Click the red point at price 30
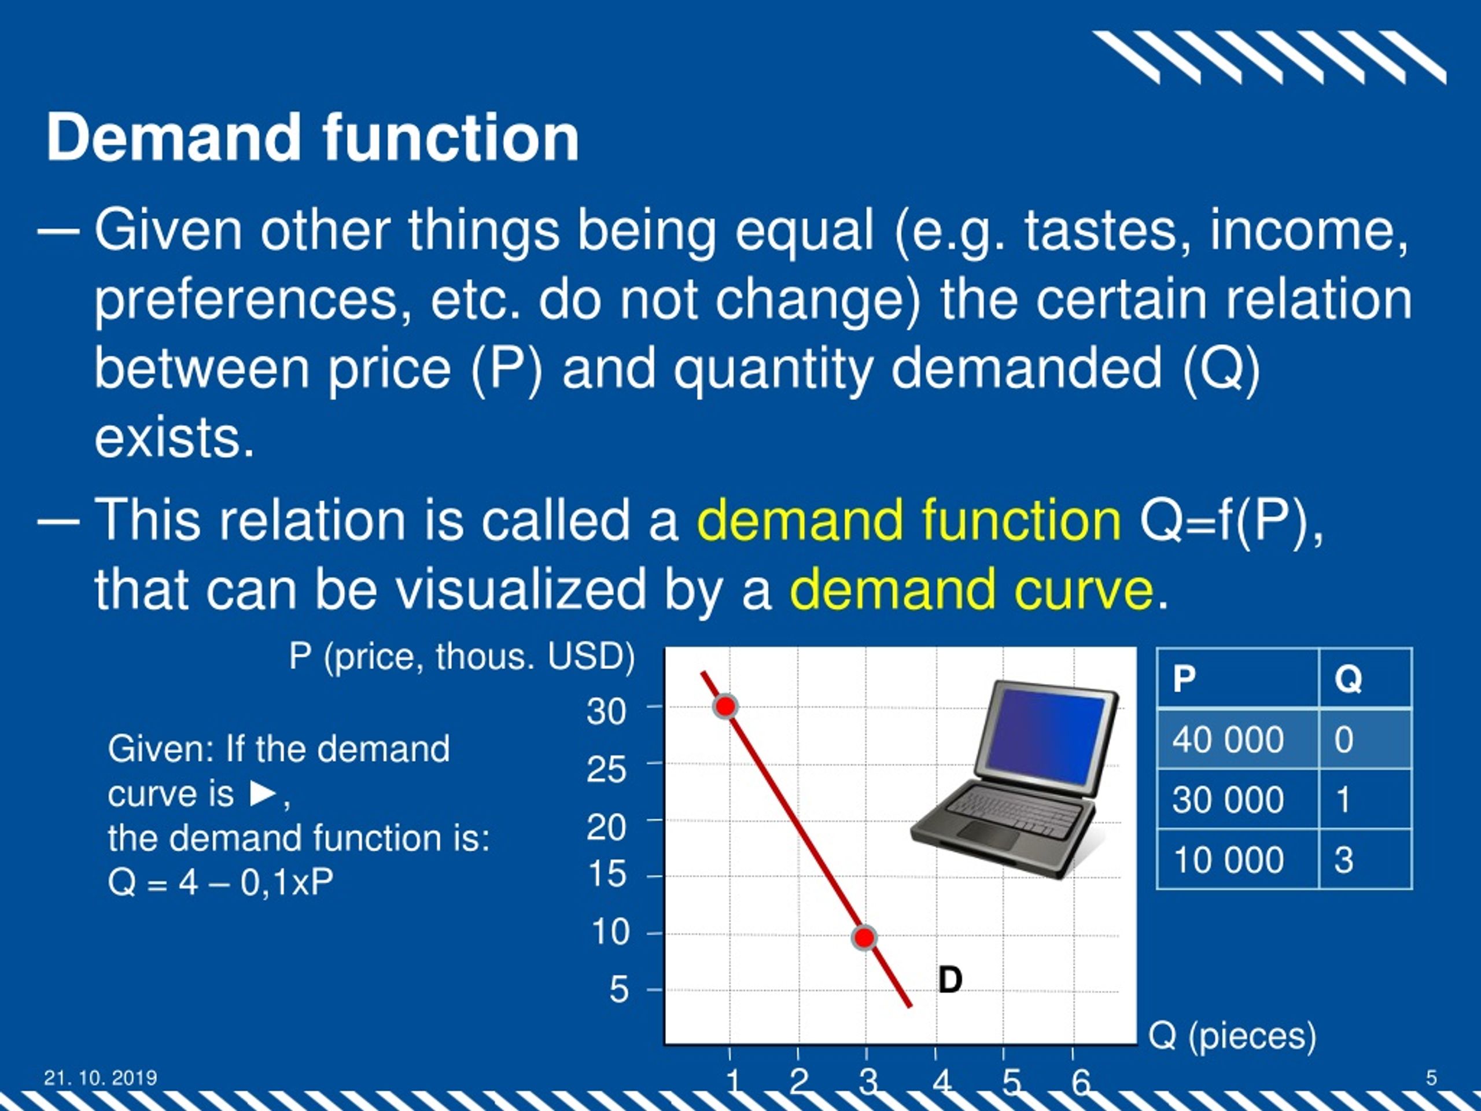(725, 706)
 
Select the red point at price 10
(864, 937)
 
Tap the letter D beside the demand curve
(950, 980)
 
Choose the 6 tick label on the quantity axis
(1081, 1082)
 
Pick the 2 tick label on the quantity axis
(799, 1082)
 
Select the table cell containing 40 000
(1237, 740)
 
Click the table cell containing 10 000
(1237, 859)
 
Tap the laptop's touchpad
(989, 835)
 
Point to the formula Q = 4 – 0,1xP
(220, 882)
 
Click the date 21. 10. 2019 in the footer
(101, 1077)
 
